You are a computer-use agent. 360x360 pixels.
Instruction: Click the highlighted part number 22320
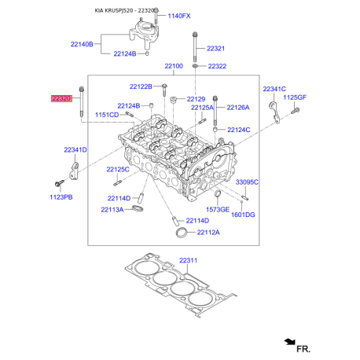point(61,98)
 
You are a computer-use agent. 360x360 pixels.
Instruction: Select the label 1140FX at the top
point(179,16)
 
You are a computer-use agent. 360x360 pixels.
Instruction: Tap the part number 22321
point(216,49)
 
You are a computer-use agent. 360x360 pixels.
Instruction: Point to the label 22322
point(216,66)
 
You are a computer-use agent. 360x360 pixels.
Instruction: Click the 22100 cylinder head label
point(174,66)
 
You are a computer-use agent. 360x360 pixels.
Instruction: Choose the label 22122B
point(141,86)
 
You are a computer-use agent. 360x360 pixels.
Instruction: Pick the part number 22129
point(196,99)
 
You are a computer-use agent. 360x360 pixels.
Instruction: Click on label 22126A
point(237,107)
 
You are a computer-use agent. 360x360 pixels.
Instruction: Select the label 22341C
point(274,90)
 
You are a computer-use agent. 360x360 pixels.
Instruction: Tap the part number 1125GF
point(295,97)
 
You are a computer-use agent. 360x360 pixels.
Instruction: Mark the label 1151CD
point(107,115)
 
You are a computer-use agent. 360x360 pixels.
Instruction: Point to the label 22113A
point(112,210)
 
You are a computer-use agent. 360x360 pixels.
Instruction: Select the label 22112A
point(208,233)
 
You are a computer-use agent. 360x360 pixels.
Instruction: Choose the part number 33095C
point(248,182)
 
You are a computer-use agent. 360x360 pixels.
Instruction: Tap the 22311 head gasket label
point(189,260)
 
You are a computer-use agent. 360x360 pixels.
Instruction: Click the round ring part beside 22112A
point(181,233)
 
